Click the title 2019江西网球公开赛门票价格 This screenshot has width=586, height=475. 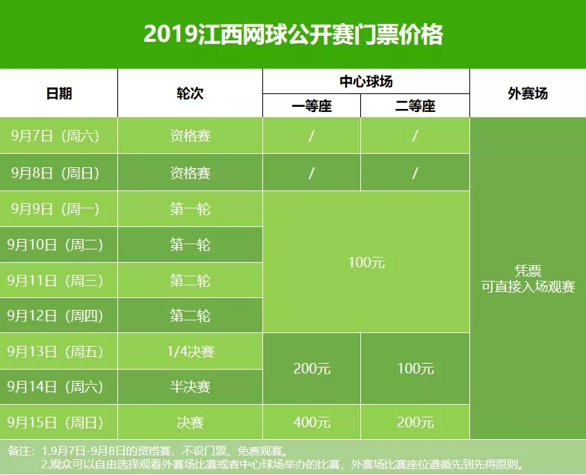[x=293, y=34]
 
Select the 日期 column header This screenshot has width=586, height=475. [x=59, y=93]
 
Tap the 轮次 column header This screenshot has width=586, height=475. [x=190, y=93]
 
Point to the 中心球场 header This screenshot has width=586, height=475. [x=366, y=81]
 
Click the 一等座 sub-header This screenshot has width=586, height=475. [x=311, y=106]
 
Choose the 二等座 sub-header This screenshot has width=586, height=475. [x=415, y=106]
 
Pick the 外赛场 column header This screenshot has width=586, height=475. [x=528, y=93]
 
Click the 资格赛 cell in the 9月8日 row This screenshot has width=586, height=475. [x=190, y=173]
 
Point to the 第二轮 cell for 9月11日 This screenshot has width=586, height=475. [x=190, y=280]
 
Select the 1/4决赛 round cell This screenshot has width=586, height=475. [x=190, y=351]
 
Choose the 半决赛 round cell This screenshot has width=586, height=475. [x=190, y=387]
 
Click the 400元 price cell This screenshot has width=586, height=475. [x=311, y=423]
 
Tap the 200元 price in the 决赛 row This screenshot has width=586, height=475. [x=415, y=423]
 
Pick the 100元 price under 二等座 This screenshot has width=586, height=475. [x=415, y=369]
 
